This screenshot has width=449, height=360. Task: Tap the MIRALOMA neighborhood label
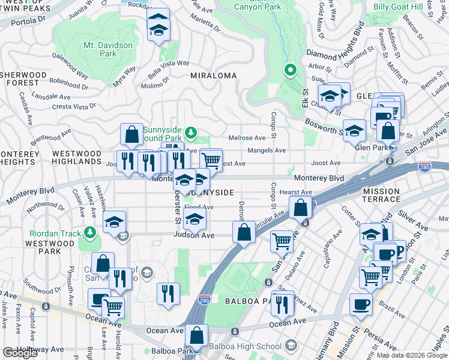click(213, 76)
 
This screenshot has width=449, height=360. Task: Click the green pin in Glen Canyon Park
click(290, 71)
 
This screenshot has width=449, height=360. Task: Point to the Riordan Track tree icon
click(90, 232)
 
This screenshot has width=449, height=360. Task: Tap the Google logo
click(20, 353)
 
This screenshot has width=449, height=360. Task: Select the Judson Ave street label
click(194, 235)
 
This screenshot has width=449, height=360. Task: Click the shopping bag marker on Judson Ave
click(244, 232)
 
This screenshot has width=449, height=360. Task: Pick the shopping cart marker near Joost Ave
click(211, 160)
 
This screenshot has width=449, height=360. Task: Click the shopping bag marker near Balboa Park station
click(196, 335)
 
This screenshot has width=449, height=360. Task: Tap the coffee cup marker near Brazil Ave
click(361, 304)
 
